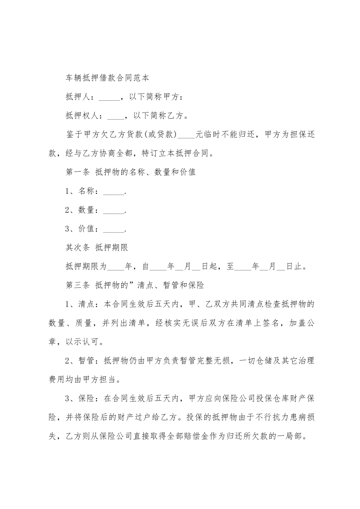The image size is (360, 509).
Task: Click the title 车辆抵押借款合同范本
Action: click(x=108, y=78)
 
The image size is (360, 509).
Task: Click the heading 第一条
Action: click(x=78, y=172)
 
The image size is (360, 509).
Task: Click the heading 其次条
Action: click(x=78, y=248)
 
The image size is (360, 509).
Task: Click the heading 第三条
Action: click(x=78, y=285)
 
